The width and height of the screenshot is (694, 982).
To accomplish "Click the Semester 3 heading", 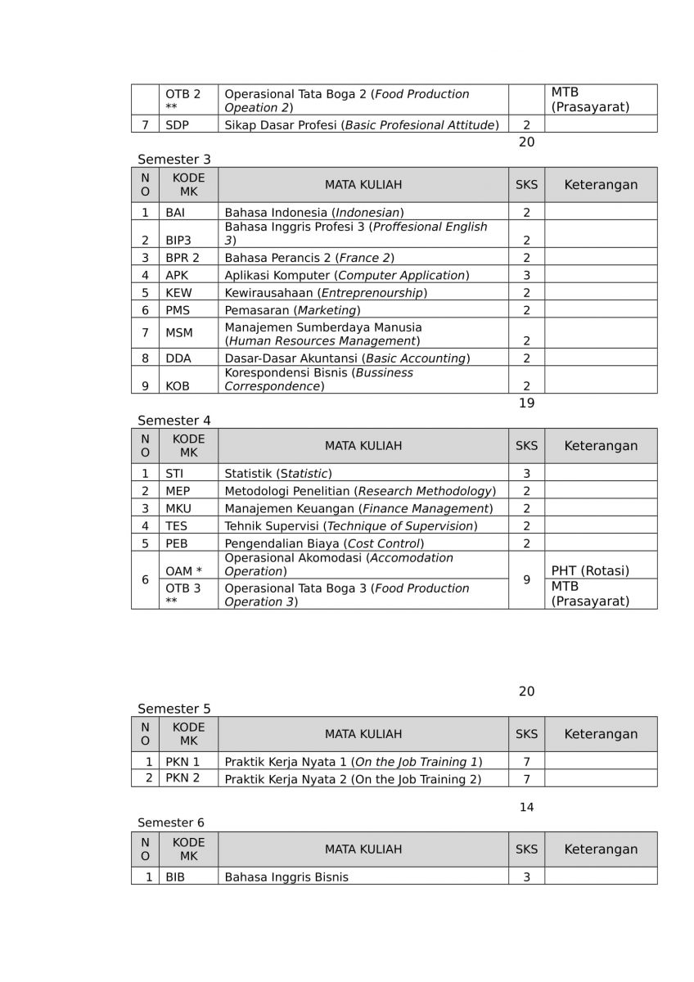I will pyautogui.click(x=173, y=160).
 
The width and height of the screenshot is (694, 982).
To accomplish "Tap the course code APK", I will pyautogui.click(x=177, y=276).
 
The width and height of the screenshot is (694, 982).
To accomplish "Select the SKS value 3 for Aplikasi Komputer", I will pyautogui.click(x=526, y=276).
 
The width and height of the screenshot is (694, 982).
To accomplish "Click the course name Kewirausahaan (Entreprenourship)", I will pyautogui.click(x=326, y=293).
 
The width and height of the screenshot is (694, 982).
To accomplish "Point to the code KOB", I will pyautogui.click(x=178, y=386).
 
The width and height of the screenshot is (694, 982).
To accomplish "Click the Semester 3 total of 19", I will pyautogui.click(x=526, y=403).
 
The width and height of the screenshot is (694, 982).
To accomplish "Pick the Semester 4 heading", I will pyautogui.click(x=173, y=421).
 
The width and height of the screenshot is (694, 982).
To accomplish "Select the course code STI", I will pyautogui.click(x=174, y=474).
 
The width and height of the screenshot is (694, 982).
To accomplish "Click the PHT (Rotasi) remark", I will pyautogui.click(x=590, y=571).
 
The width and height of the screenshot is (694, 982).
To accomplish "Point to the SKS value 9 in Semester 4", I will pyautogui.click(x=526, y=579).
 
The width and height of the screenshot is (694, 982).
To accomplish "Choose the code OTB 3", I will pyautogui.click(x=183, y=588).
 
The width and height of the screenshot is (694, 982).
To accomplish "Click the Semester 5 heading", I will pyautogui.click(x=173, y=709).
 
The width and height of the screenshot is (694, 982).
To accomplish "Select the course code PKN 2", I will pyautogui.click(x=183, y=778).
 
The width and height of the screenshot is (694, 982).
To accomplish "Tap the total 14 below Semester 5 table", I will pyautogui.click(x=526, y=808).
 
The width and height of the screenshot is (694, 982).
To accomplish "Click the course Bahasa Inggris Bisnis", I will pyautogui.click(x=286, y=877).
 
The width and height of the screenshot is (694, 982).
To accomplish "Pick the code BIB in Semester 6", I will pyautogui.click(x=175, y=877).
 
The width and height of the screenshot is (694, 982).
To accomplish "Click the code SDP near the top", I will pyautogui.click(x=177, y=125).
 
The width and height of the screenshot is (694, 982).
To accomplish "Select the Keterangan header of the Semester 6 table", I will pyautogui.click(x=601, y=849).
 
